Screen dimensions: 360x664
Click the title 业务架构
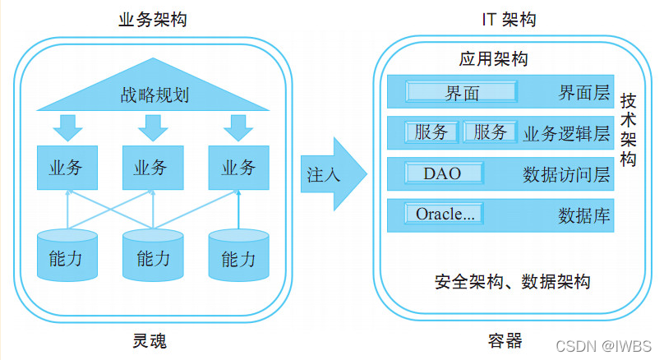153,19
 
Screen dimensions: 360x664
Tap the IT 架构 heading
508,19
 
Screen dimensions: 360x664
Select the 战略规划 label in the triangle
153,95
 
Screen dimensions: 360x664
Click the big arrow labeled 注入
329,175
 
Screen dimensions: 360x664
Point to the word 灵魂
153,340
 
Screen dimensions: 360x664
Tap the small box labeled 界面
462,92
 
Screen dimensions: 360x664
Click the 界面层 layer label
579,92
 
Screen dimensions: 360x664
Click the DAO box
443,173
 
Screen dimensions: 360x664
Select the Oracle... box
444,214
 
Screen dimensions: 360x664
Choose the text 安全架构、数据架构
512,282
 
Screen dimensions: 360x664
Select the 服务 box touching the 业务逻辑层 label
491,132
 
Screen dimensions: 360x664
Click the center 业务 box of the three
152,168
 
